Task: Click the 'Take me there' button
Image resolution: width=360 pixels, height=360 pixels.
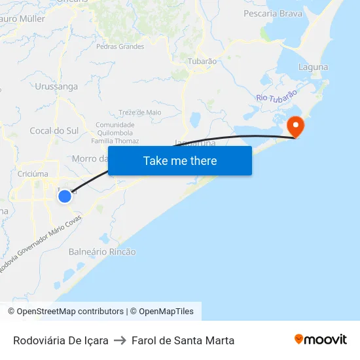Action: pyautogui.click(x=180, y=160)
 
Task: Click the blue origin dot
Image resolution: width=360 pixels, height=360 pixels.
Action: pyautogui.click(x=64, y=196)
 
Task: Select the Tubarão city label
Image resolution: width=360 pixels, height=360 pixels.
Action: pyautogui.click(x=202, y=61)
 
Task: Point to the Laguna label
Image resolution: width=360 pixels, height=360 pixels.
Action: pyautogui.click(x=313, y=67)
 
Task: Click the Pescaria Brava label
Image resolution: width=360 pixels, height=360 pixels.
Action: pyautogui.click(x=273, y=13)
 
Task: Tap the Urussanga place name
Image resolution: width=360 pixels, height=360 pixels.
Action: pyautogui.click(x=56, y=86)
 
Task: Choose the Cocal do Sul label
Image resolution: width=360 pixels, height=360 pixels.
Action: pyautogui.click(x=54, y=131)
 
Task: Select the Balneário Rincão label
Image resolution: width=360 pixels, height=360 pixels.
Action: pyautogui.click(x=102, y=251)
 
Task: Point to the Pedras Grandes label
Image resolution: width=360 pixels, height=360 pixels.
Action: pyautogui.click(x=120, y=46)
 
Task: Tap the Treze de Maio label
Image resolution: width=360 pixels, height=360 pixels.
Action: pyautogui.click(x=140, y=113)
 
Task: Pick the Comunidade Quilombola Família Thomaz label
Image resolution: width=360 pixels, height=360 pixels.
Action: pyautogui.click(x=117, y=133)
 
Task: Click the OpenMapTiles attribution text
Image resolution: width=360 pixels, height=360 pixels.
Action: pyautogui.click(x=166, y=312)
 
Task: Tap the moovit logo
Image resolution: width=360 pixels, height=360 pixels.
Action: pyautogui.click(x=320, y=340)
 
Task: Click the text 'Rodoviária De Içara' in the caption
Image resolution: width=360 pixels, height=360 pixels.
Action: pyautogui.click(x=61, y=340)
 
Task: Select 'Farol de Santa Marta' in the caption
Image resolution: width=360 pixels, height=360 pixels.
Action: pyautogui.click(x=183, y=340)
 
